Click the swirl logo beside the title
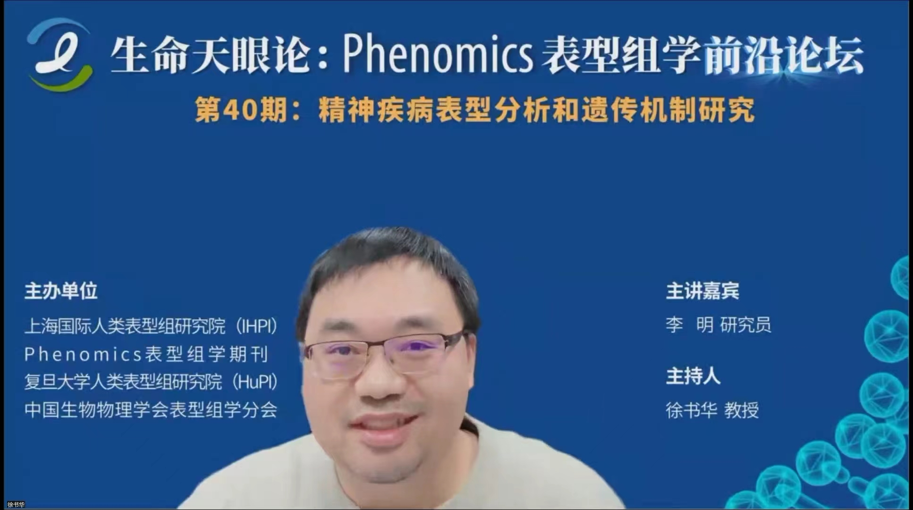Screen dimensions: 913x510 [x=59, y=54]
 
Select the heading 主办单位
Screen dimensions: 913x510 [x=61, y=291]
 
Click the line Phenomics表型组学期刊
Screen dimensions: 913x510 [x=146, y=354]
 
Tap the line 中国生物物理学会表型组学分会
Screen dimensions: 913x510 [x=151, y=409]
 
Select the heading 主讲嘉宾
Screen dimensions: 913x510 [x=702, y=291]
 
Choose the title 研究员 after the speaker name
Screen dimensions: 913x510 [x=745, y=325]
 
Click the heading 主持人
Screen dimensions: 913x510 [x=693, y=376]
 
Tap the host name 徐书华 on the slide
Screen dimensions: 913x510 [x=691, y=410]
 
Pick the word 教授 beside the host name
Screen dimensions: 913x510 [x=742, y=410]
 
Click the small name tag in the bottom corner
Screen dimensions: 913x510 [x=16, y=505]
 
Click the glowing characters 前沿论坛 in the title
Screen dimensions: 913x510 [x=784, y=56]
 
